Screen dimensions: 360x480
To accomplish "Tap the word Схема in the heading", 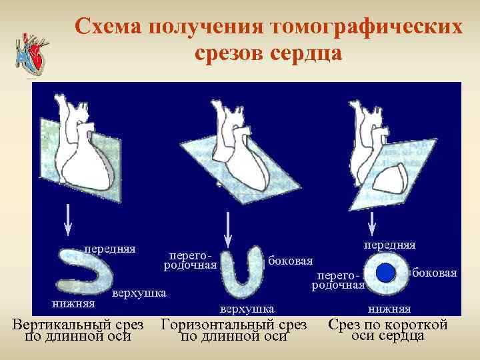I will pos(108,27).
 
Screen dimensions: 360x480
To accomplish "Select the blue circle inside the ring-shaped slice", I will pos(386,273).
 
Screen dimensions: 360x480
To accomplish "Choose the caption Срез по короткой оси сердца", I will pos(387,329).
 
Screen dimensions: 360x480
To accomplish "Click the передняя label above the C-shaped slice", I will pos(109,249).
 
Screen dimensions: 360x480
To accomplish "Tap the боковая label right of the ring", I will pos(435,273).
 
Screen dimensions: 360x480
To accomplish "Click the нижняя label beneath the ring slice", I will pos(389,309).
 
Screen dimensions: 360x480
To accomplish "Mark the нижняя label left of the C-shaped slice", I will pos(74,304).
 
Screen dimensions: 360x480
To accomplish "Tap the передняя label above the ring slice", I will pos(389,245).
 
